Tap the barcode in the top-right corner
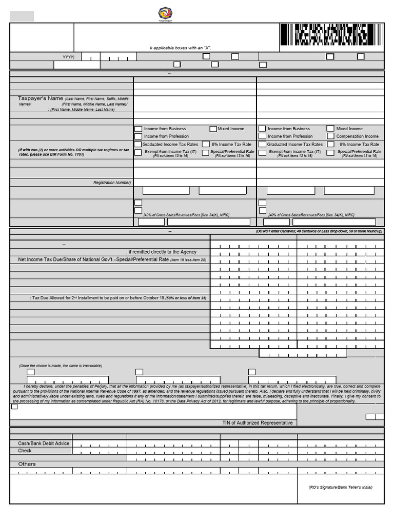pos(331,36)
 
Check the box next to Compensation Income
pos(330,136)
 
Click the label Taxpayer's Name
pos(41,98)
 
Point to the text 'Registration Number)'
pos(112,183)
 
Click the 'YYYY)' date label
pos(68,57)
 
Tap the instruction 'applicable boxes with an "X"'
pos(181,48)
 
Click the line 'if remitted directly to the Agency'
pos(162,252)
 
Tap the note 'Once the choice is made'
pos(61,366)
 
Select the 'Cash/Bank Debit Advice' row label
pos(44,443)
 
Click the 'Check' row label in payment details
pos(25,451)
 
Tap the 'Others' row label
pos(27,464)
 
